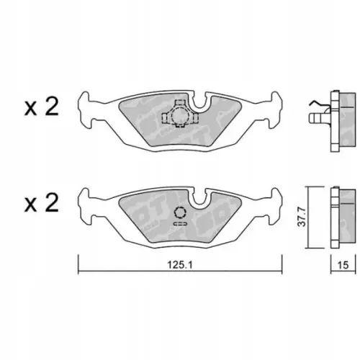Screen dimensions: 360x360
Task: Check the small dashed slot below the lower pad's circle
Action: point(179,225)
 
